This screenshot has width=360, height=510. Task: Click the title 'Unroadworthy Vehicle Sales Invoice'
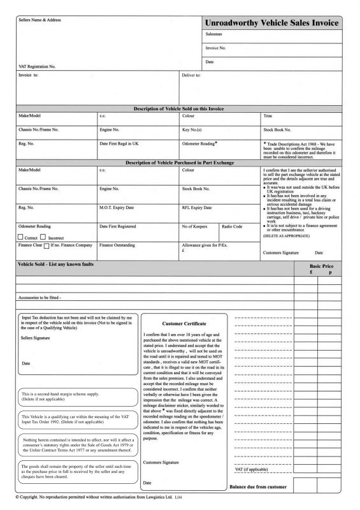tap(273, 23)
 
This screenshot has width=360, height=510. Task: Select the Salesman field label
tap(214, 34)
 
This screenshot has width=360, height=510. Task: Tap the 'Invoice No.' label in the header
tap(215, 48)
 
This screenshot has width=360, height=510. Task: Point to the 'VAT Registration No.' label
tap(37, 66)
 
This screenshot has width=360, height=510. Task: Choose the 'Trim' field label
tap(268, 116)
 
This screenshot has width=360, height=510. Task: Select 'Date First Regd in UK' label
tap(119, 143)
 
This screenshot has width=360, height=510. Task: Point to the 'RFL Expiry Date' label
tap(198, 207)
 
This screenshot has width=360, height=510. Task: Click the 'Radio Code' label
tap(231, 226)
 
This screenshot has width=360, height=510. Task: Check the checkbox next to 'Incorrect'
tap(44, 237)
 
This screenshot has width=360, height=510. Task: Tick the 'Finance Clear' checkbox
tap(47, 245)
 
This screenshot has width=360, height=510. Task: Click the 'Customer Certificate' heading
tap(184, 324)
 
